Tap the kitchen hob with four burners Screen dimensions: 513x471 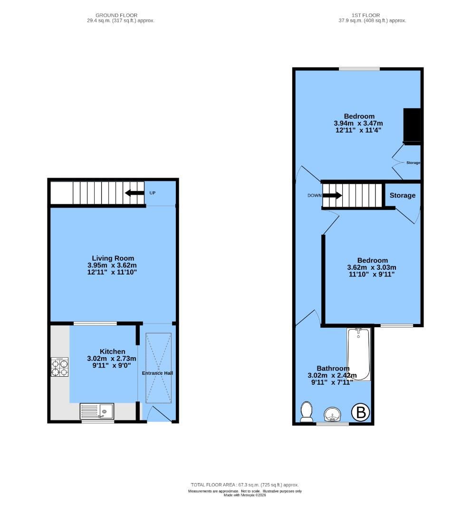coord(60,366)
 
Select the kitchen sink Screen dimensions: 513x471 coord(97,411)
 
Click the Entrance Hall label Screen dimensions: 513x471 coord(157,373)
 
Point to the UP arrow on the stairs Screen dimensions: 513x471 coord(135,193)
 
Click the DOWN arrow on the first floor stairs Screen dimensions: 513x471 coord(332,195)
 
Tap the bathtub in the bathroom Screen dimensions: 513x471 coord(359,354)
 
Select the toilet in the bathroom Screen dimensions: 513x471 coord(307,412)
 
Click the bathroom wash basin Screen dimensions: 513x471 coord(333,415)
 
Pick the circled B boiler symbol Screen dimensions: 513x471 coord(361,413)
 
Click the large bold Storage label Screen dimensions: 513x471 coord(403,195)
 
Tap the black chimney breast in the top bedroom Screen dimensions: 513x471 coord(412,125)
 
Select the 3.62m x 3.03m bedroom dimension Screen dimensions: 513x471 coord(372,267)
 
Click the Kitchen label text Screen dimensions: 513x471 coord(112,351)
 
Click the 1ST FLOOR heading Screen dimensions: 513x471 coord(365,15)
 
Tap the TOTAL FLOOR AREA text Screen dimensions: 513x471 coord(244,485)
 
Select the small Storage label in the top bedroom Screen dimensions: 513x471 coord(413,162)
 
